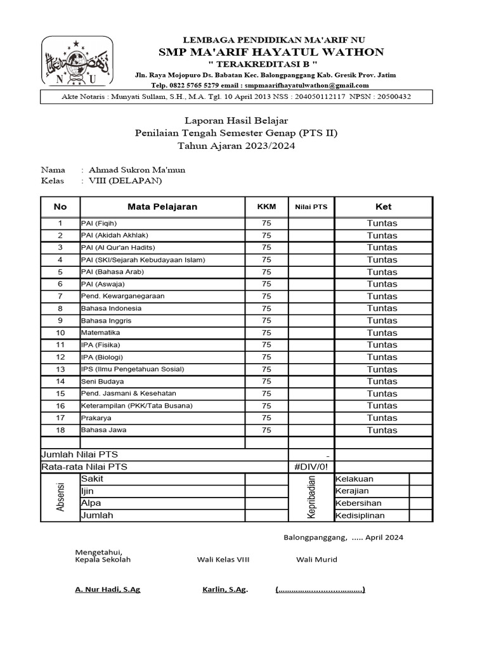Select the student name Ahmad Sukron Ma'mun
point(137,170)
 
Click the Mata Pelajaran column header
point(162,207)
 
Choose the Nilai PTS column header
point(311,207)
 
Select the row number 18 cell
point(60,430)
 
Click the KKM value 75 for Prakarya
point(266,418)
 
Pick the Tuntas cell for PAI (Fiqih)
point(382,223)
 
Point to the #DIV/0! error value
point(311,467)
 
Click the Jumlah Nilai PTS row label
point(79,454)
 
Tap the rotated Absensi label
point(60,498)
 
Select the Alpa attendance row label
point(91,503)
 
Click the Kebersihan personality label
point(360,503)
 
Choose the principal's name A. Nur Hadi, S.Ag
point(107,589)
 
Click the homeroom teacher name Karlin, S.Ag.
point(224,589)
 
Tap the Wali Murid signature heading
point(316,559)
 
